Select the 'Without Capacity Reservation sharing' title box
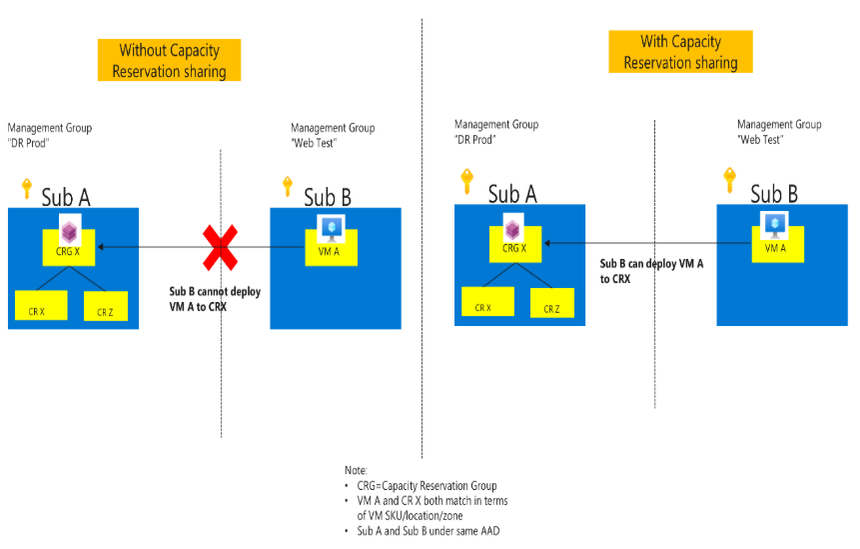[170, 61]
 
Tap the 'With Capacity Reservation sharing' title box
[680, 52]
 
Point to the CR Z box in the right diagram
[551, 302]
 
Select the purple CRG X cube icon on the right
[513, 227]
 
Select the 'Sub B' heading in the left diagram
[328, 196]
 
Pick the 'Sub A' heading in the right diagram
[512, 193]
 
